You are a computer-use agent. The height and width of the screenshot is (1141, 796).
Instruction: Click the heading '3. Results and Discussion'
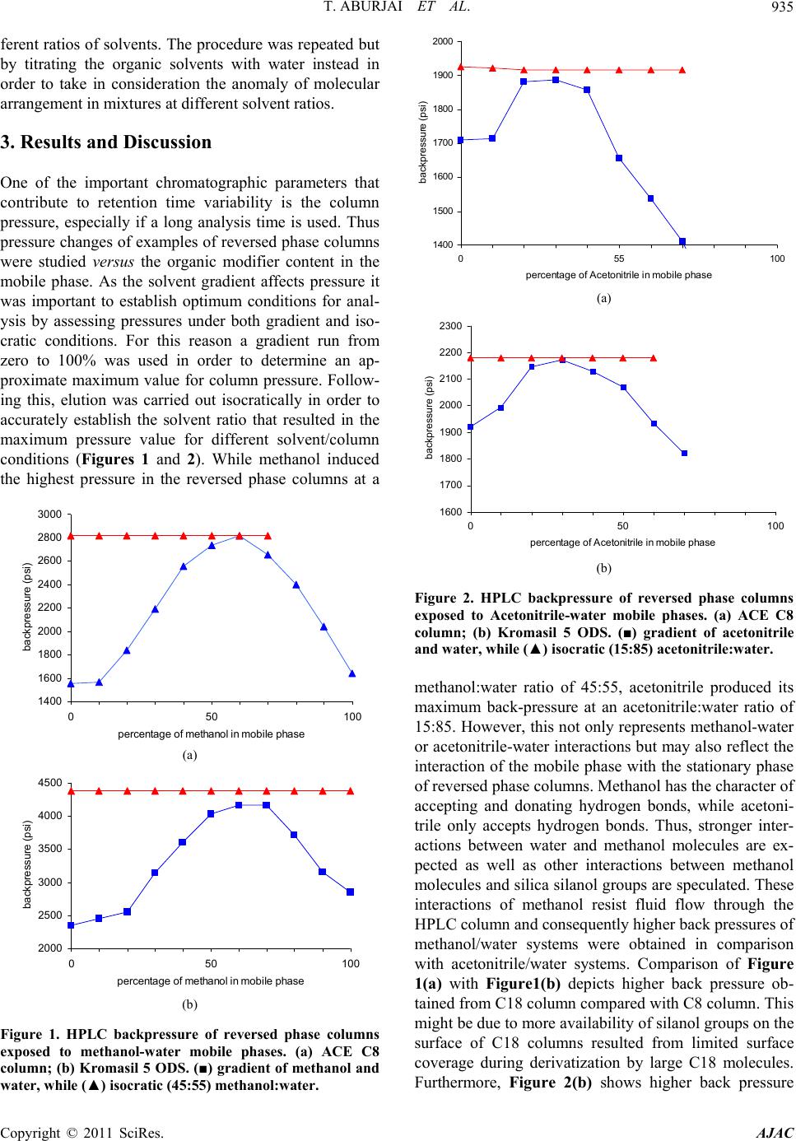pos(106,142)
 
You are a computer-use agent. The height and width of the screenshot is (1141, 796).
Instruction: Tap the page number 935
pos(782,7)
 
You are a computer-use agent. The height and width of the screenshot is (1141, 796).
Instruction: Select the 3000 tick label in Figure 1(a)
pos(49,514)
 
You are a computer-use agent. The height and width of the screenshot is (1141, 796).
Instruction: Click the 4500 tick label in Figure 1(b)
pos(49,782)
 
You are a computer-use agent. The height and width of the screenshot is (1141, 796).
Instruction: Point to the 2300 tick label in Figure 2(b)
pos(450,326)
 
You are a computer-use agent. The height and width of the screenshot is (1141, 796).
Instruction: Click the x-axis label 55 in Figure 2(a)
pos(619,258)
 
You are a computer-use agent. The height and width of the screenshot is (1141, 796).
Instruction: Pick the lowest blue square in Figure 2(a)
pos(682,241)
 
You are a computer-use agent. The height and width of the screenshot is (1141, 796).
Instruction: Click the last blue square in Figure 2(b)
pos(685,453)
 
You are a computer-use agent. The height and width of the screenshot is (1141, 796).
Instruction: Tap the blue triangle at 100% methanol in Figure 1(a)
pos(352,673)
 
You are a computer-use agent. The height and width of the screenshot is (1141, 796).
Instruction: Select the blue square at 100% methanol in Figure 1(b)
pos(350,892)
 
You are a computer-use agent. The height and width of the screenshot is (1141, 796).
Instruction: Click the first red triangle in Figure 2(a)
pos(461,67)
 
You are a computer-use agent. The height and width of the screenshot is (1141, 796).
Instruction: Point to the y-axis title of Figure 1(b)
pos(27,864)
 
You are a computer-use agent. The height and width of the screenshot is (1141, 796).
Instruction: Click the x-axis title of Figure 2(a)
pos(618,275)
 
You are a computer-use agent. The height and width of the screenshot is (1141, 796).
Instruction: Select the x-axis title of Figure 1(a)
pos(211,734)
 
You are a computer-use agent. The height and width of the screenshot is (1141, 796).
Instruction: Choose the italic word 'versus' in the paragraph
pos(114,262)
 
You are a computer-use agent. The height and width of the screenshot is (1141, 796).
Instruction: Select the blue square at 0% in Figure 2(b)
pos(470,427)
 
